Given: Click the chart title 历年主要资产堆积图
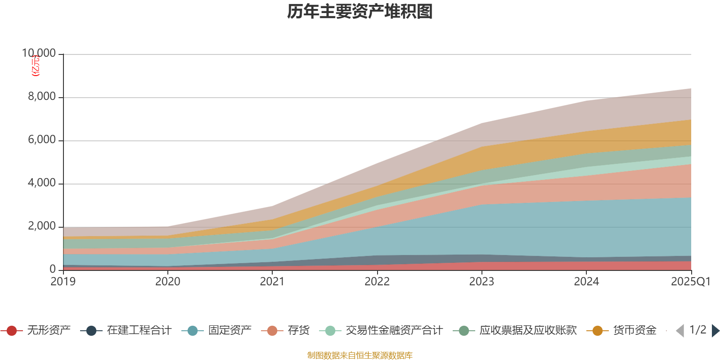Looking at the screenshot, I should (360, 12).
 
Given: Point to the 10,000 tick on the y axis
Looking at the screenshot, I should (39, 54).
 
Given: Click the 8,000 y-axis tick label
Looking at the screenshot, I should (42, 97).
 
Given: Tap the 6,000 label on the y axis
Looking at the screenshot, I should (42, 140).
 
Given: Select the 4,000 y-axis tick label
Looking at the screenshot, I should (42, 183).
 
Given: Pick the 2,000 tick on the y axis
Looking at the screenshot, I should (42, 226).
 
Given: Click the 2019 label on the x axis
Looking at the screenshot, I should (63, 282).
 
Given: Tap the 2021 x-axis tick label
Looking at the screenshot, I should (272, 282).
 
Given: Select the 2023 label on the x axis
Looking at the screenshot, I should (481, 282).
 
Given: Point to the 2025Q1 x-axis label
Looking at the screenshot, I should (690, 282).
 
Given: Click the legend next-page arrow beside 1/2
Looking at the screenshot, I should (715, 331).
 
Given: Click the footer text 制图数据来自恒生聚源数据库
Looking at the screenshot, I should (360, 355).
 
